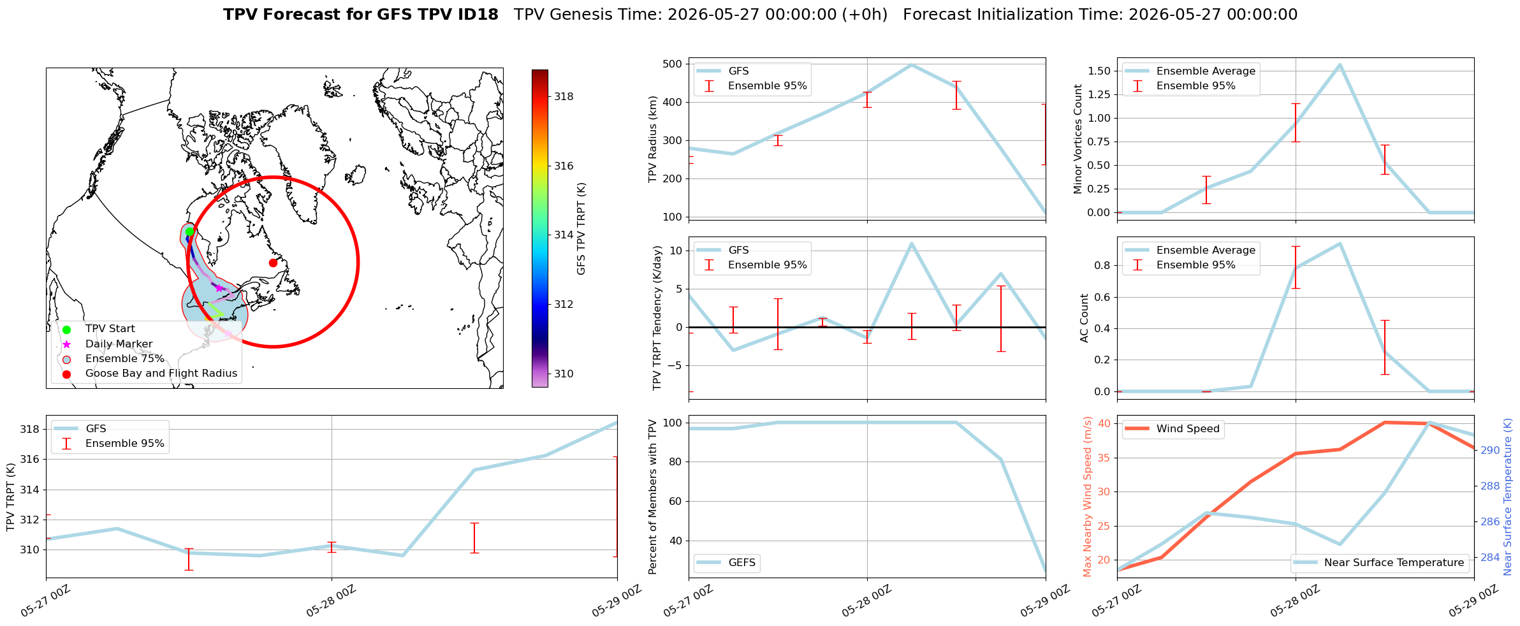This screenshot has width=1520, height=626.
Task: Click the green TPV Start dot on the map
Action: (189, 231)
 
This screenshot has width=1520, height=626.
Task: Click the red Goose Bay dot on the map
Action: (273, 263)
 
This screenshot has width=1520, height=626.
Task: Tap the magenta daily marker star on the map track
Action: (219, 288)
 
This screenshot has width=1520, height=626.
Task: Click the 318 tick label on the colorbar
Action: (564, 97)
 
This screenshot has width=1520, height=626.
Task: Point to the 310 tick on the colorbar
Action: (564, 374)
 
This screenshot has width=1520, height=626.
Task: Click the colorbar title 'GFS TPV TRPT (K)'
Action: (581, 229)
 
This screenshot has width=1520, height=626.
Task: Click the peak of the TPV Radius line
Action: (912, 64)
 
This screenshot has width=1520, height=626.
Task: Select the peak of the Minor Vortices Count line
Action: (1340, 64)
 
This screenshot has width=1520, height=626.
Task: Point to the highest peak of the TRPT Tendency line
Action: (912, 243)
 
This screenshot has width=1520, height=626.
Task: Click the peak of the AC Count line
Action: (1340, 243)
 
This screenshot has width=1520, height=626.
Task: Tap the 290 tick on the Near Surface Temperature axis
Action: (1491, 450)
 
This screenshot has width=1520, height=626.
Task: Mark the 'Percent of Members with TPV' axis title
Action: (652, 497)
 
